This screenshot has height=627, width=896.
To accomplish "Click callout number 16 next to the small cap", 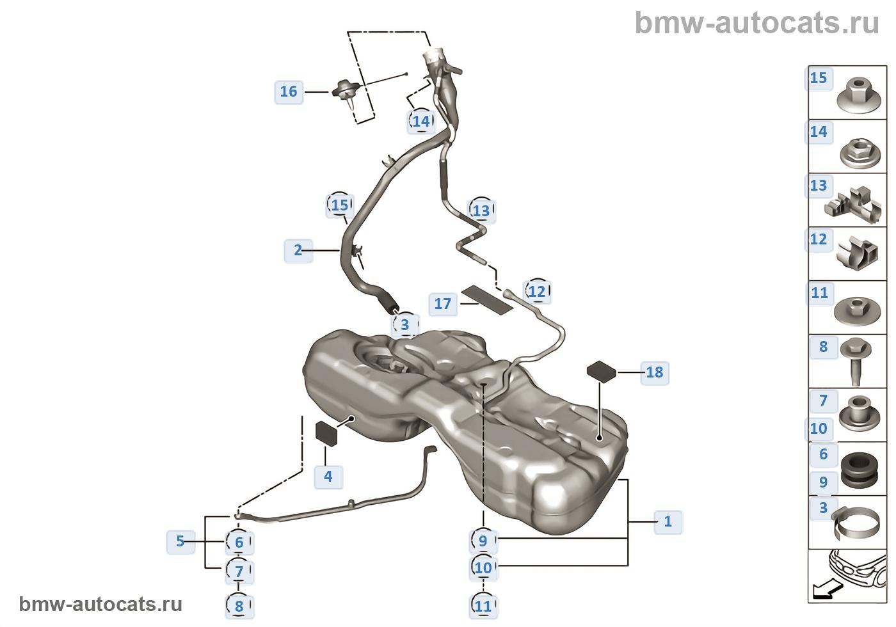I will click(289, 91).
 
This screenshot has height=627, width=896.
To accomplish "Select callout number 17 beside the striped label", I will click(443, 303).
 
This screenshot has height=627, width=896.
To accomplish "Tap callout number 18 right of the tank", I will click(654, 372).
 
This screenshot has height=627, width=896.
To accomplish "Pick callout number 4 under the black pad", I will click(328, 476).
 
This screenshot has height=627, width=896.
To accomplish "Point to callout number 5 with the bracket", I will click(180, 541).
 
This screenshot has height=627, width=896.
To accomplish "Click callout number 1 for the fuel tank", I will click(668, 521).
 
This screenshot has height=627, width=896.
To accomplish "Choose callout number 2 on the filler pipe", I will click(298, 250).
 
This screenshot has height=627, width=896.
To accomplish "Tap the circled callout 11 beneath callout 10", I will click(483, 605).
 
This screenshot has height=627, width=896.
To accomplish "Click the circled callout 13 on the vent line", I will click(481, 210).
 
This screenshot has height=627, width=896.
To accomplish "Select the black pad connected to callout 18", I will click(602, 370).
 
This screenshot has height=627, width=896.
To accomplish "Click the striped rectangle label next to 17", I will click(488, 299).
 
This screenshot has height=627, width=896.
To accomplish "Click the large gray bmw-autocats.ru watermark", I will click(756, 23).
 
